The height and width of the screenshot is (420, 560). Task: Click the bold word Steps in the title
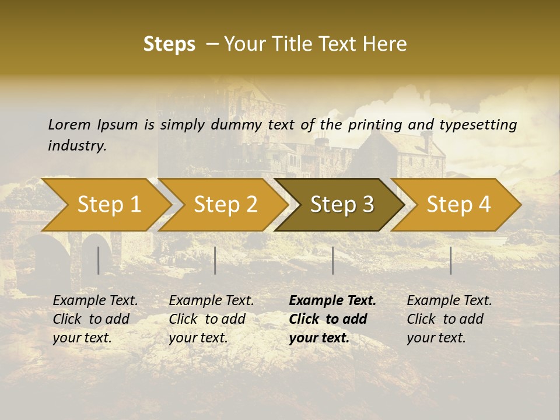tap(169, 44)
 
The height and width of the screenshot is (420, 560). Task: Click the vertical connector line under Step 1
tap(99, 260)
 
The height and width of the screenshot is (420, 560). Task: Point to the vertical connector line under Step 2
tap(215, 260)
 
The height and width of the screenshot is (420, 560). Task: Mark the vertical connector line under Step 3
tap(332, 260)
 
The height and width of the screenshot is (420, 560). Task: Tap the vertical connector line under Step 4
tap(450, 260)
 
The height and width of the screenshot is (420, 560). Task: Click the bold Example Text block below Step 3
tap(332, 319)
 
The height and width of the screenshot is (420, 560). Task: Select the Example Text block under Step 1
tap(95, 319)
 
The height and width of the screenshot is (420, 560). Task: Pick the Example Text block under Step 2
tap(211, 319)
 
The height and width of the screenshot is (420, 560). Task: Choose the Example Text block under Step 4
tap(449, 319)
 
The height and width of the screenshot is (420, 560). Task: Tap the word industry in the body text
tap(77, 146)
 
